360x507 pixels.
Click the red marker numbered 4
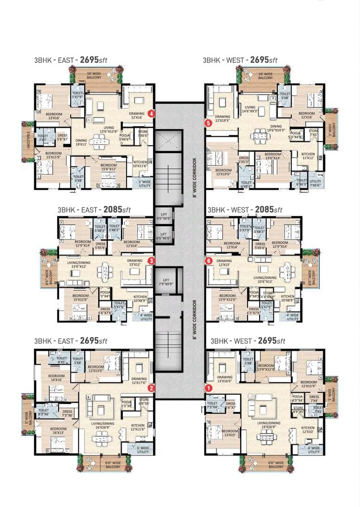tap(152, 114)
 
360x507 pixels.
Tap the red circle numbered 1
tap(209, 388)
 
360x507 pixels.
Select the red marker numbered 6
tap(209, 261)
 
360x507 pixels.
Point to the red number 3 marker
tap(152, 261)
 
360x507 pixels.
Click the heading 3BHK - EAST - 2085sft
tap(94, 210)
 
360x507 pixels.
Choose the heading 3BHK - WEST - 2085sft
tap(245, 210)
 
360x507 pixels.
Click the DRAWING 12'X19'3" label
tap(223, 119)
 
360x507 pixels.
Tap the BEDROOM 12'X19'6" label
tap(223, 173)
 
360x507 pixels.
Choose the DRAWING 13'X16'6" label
tap(225, 379)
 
